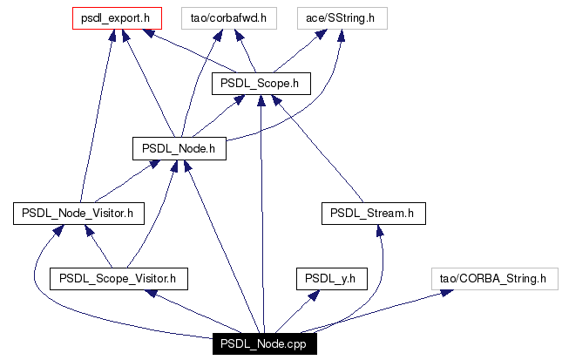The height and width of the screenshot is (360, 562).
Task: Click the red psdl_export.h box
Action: [117, 18]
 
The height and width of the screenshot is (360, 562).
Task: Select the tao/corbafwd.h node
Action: [228, 18]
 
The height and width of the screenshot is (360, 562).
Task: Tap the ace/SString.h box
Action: [342, 18]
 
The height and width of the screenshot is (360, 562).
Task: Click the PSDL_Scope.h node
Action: [261, 84]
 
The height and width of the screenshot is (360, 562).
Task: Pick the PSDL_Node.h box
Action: [179, 148]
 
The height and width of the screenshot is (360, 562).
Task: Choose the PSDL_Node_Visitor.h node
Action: [78, 214]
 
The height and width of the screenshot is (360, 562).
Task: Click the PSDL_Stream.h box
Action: [374, 214]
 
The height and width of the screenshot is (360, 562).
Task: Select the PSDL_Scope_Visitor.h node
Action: [118, 279]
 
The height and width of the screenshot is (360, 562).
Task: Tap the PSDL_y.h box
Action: [332, 279]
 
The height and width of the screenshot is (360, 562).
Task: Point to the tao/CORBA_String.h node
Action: [495, 279]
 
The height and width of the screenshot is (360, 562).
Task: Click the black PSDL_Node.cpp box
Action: [265, 343]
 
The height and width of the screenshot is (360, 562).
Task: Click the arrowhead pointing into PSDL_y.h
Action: [314, 295]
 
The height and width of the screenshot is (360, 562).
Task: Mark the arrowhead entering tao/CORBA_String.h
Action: [446, 293]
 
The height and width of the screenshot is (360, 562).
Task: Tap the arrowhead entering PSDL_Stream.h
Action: [380, 231]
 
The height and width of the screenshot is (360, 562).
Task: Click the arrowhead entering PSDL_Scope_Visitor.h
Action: [151, 293]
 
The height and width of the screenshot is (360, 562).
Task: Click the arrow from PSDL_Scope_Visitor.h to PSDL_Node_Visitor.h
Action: [98, 247]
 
